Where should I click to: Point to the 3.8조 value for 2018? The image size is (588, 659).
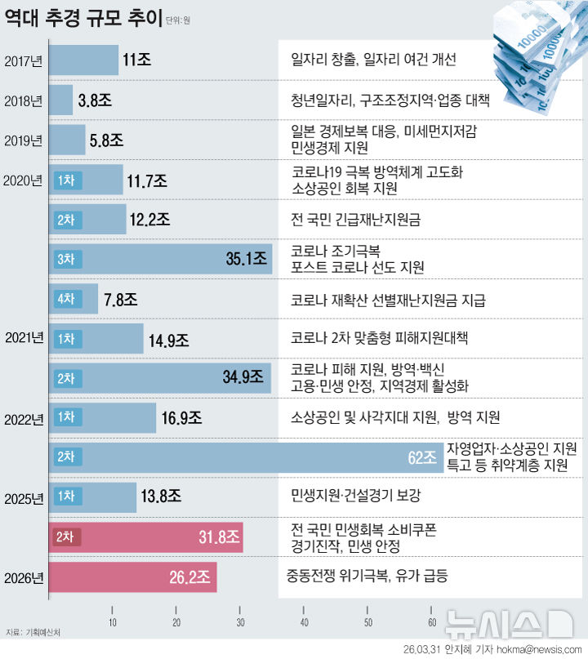95,101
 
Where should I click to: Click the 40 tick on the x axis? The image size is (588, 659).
304,624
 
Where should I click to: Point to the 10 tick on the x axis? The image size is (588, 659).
113,624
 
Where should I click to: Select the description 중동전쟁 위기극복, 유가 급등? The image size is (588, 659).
367,577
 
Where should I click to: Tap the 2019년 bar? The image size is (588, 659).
67,140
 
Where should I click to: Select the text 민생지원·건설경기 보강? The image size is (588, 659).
356,496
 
